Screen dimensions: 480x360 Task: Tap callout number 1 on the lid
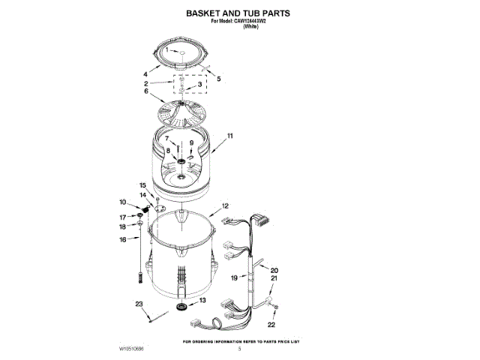(x=167, y=51)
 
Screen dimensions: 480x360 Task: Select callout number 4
(x=145, y=74)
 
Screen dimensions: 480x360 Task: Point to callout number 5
(x=219, y=79)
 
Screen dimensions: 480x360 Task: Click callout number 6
(x=146, y=91)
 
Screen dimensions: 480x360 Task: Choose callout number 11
(x=230, y=136)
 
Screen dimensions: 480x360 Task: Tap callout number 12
(x=224, y=205)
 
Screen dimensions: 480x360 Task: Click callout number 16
(x=123, y=240)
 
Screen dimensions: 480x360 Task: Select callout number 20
(x=274, y=270)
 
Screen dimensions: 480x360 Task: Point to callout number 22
(x=271, y=325)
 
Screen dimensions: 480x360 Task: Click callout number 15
(x=142, y=184)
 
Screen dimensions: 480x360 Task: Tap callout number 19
(x=234, y=278)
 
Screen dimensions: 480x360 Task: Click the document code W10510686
(x=133, y=349)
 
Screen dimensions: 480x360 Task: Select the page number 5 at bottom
(x=240, y=349)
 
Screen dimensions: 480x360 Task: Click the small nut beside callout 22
(x=275, y=309)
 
